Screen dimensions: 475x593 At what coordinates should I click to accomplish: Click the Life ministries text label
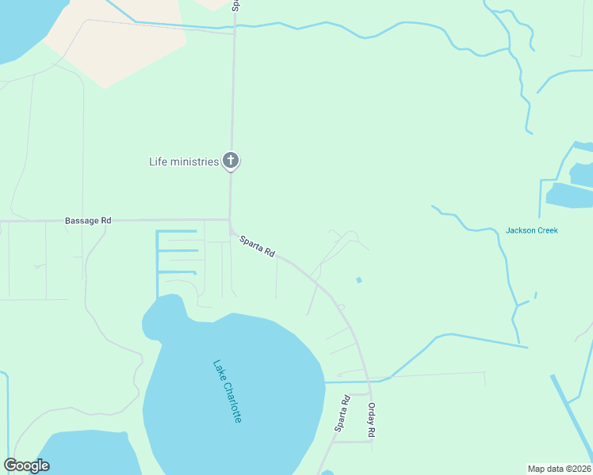pos(183,161)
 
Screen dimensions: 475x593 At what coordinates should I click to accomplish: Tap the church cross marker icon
pos(231,161)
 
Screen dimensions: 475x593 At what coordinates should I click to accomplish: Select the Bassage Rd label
pos(88,221)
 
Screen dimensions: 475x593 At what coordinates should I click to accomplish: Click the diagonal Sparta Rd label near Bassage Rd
pos(258,245)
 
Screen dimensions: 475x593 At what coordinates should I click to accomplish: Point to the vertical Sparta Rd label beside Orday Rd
pos(342,413)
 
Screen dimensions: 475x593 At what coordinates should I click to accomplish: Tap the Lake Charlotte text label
pos(227,391)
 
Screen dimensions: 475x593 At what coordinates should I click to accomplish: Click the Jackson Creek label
pos(531,230)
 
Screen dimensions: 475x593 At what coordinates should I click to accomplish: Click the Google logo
pos(26,465)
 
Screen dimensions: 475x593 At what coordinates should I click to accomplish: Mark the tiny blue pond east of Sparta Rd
pos(359,279)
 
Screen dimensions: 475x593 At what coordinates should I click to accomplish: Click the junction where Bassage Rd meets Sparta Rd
pos(230,221)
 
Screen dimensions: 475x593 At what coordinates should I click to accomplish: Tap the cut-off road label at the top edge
pos(235,6)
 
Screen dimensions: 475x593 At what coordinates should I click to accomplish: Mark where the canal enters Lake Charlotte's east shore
pos(325,382)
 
